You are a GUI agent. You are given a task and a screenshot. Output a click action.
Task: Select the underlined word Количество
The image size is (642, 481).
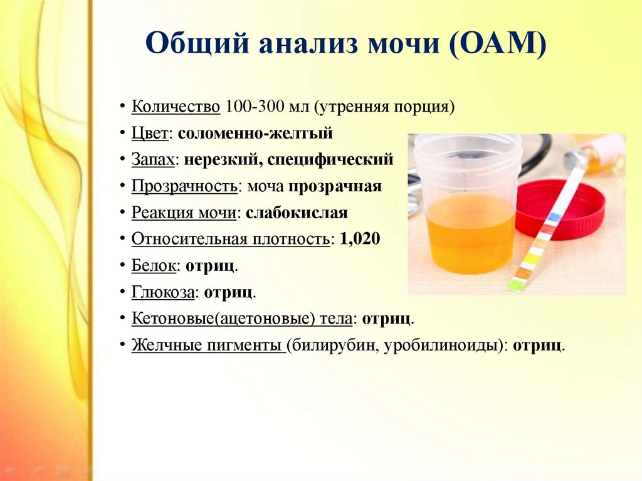[x=176, y=107]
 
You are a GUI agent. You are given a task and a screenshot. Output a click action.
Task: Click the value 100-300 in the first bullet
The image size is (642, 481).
[x=255, y=107]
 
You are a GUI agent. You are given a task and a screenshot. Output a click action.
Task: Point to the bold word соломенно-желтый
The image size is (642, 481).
[x=256, y=133]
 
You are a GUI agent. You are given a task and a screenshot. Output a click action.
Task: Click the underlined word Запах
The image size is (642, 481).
[x=153, y=160]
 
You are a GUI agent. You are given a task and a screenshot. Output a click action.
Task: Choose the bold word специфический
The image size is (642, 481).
[x=330, y=160]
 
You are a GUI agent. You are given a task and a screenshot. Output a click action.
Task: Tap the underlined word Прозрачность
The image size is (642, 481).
[x=184, y=186]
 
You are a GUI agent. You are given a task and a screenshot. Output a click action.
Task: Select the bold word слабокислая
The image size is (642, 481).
[x=297, y=213]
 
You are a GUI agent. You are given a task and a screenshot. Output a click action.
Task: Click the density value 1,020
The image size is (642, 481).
[x=360, y=239]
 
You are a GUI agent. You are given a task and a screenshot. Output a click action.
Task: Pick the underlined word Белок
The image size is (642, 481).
[x=154, y=265]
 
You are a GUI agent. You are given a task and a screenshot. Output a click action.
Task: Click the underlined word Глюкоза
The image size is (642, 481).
[x=163, y=292]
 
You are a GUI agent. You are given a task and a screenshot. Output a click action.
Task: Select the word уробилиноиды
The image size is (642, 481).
[x=445, y=346]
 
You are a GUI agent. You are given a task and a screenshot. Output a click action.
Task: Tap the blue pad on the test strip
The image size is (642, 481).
[x=553, y=216]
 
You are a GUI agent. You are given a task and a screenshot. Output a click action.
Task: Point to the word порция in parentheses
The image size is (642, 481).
[x=424, y=107]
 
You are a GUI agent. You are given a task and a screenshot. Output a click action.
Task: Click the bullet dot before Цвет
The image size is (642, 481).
[x=122, y=134]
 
